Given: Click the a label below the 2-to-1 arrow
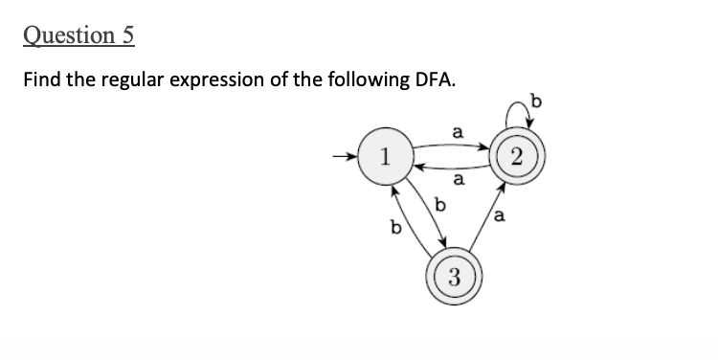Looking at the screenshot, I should [458, 180].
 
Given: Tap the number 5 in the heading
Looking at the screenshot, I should [127, 35].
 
